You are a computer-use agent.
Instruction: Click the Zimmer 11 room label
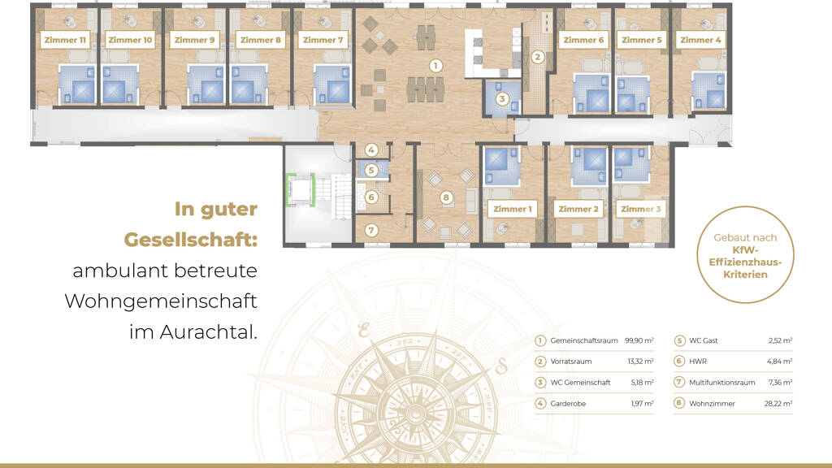65,40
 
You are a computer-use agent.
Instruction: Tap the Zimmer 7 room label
323,40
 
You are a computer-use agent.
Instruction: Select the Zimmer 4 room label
700,40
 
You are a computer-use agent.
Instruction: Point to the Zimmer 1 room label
512,209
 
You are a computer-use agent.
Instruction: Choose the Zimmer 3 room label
640,209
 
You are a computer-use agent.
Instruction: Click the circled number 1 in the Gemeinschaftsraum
435,66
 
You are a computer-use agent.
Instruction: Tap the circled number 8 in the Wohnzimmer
446,198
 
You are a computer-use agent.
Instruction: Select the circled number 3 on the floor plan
502,98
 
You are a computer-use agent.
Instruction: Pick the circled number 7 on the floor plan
371,230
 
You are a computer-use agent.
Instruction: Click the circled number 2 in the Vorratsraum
538,57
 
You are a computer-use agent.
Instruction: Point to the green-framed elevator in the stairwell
301,189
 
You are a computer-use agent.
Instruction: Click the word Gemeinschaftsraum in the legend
583,340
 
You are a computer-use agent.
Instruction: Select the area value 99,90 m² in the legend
639,340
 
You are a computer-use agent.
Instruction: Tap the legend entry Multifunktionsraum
721,383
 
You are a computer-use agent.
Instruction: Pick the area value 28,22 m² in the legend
778,404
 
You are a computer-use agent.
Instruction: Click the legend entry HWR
698,362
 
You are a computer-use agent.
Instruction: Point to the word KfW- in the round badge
746,250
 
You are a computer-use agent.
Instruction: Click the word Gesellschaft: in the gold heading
190,240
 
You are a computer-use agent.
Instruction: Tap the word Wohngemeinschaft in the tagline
161,301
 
